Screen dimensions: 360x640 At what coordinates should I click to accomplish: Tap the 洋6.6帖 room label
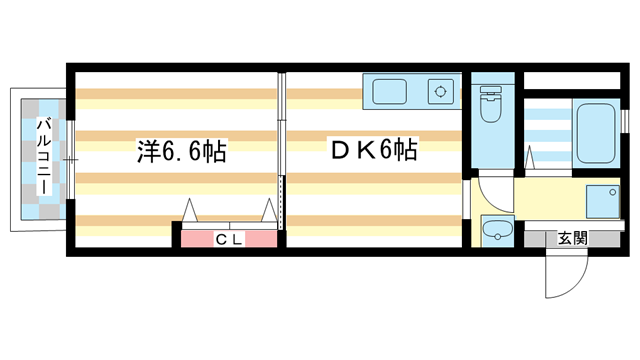(x=181, y=153)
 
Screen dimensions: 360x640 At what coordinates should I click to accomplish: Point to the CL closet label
(x=229, y=239)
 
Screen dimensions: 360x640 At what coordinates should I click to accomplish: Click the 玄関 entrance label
(x=572, y=238)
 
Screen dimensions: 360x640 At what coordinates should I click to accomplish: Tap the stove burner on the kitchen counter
(x=439, y=93)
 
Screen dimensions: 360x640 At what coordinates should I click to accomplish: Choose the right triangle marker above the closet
(x=269, y=212)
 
